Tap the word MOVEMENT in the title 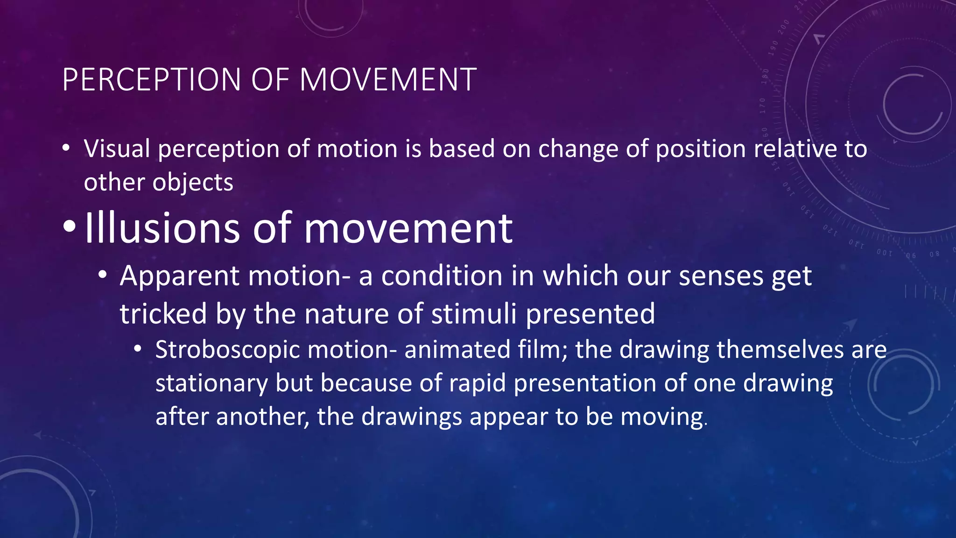click(387, 79)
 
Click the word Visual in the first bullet click(117, 149)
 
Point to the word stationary click(211, 384)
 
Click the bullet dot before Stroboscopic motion click(137, 349)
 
